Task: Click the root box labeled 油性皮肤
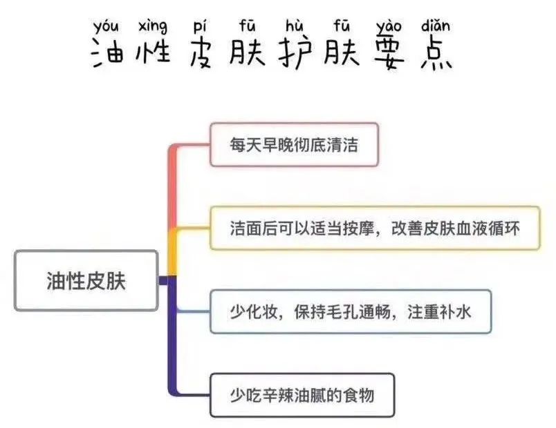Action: [86, 280]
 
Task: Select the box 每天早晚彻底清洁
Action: [294, 144]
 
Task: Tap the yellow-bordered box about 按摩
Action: [374, 228]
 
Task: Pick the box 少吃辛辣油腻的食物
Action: [302, 395]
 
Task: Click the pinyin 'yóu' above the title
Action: [105, 28]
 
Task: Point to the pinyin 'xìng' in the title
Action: [152, 27]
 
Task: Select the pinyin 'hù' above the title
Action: [293, 28]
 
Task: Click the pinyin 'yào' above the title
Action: [389, 28]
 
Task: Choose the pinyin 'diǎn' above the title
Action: [435, 26]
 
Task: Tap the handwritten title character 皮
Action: [201, 54]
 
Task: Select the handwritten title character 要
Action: [390, 54]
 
